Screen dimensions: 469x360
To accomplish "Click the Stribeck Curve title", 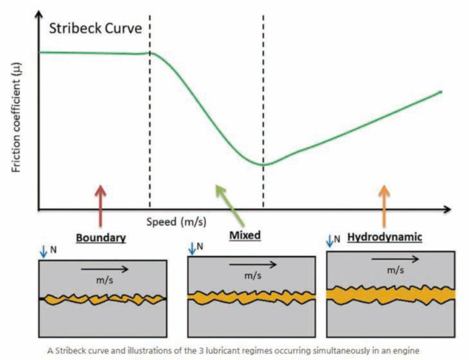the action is coord(96,28).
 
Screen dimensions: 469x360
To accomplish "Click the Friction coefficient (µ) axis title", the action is coord(16,117).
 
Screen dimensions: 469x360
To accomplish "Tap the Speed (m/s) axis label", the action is coord(176,222).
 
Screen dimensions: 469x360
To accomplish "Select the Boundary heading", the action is coord(101,237).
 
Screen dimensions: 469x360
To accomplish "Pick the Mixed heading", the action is coord(245,236).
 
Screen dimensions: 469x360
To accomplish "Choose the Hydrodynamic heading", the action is coord(385,237).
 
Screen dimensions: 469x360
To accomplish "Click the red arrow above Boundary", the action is coord(101,206).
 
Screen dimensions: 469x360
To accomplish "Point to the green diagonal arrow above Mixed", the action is coord(230,206).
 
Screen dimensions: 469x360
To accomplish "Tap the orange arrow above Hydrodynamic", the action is coord(384,206).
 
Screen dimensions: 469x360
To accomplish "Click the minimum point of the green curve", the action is coord(263,165).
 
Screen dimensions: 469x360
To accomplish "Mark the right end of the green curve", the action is coord(441,92).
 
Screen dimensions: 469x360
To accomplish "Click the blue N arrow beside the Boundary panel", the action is coord(43,252).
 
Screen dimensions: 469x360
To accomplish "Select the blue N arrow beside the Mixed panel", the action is coord(192,249).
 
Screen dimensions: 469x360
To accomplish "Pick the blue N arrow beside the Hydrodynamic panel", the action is coord(330,241).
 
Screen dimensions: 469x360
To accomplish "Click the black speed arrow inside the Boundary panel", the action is coord(104,269).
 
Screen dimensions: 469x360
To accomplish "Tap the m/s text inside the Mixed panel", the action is coord(253,276).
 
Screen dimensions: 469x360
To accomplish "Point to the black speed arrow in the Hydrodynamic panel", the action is coord(395,259).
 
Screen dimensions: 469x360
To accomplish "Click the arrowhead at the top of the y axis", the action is coord(38,14).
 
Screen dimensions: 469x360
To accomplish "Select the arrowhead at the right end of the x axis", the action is coord(447,209).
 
